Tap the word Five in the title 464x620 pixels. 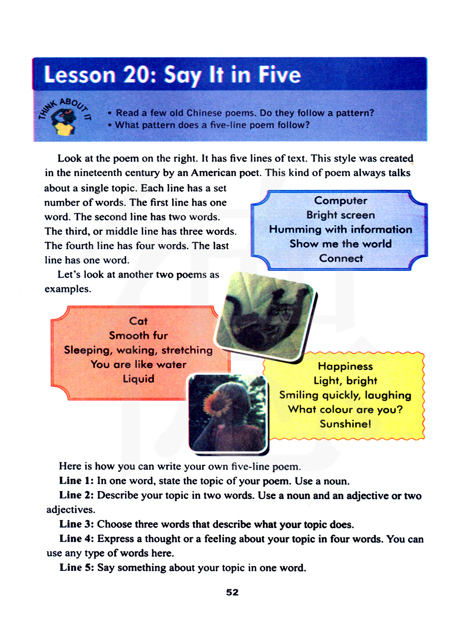coord(279,75)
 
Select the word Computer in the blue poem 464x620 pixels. coord(341,200)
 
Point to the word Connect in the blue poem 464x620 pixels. coord(341,258)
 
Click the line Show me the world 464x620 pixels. coord(341,244)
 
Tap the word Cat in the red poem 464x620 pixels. coord(138,321)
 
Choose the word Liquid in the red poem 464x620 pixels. coord(138,379)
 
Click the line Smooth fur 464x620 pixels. coord(138,336)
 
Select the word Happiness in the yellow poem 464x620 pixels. coord(345,367)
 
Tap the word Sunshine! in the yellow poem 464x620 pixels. coord(345,424)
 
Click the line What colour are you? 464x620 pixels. coord(345,410)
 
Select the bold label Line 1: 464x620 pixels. coord(76,481)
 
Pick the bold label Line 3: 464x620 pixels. coord(77,524)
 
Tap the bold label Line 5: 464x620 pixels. coord(77,568)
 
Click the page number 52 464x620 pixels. coord(232,593)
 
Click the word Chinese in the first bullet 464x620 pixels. coord(204,113)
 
